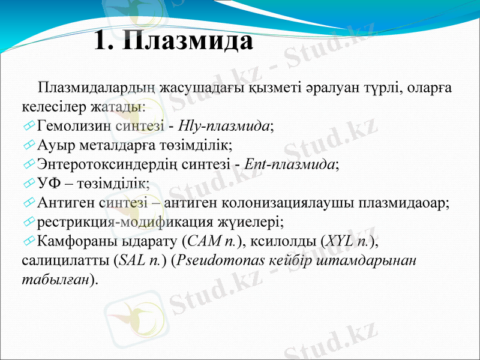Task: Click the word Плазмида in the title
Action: tap(190, 41)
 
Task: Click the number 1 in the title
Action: tap(103, 41)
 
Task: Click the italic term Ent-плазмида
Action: tap(293, 164)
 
